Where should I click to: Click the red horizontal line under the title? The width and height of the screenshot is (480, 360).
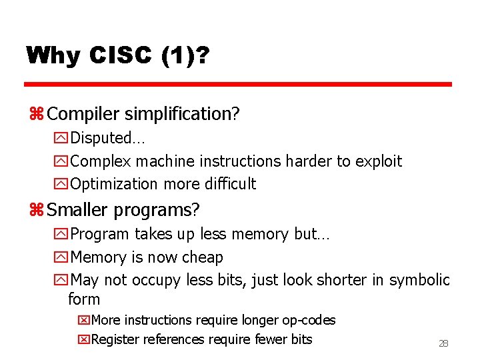point(238,85)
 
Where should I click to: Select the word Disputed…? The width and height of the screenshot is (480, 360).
point(107,138)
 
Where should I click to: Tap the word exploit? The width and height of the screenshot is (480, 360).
point(379,161)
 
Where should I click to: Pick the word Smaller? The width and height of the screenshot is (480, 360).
point(77,210)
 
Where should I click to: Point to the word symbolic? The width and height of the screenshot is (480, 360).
point(419,280)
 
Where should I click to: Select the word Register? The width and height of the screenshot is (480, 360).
point(117,339)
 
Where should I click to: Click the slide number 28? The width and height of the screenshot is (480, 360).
point(443,343)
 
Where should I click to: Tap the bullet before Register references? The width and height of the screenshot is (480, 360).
point(83,340)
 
